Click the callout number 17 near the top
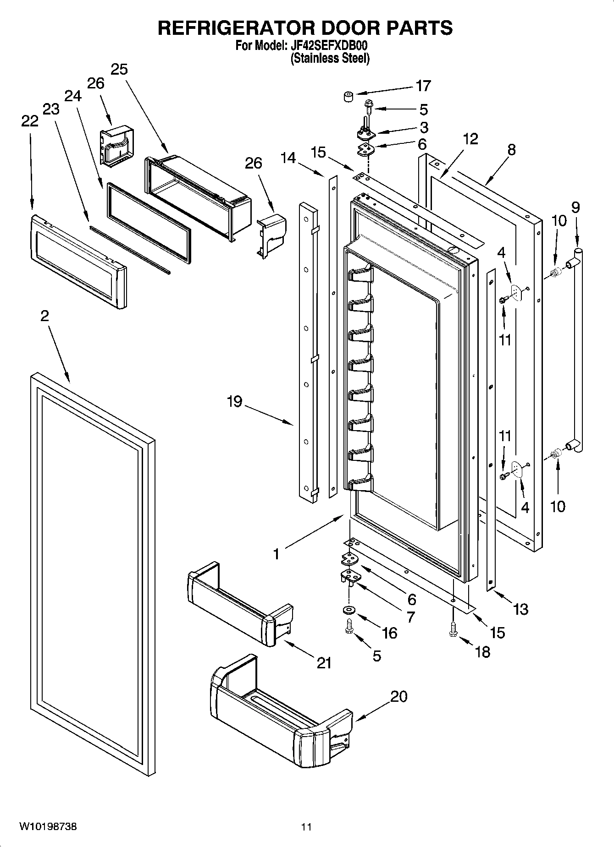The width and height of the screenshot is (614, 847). (x=423, y=86)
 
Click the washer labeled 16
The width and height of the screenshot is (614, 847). (x=348, y=610)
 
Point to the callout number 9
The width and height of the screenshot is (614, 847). (x=575, y=208)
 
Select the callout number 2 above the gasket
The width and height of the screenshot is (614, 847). (x=44, y=316)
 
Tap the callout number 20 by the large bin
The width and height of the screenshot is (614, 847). (x=399, y=697)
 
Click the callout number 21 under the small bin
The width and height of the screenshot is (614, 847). (x=324, y=663)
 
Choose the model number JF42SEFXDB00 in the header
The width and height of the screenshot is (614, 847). (x=329, y=46)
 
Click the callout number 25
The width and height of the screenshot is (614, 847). (x=119, y=70)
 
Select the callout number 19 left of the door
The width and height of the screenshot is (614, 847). (x=234, y=402)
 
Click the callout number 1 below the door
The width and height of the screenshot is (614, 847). (x=276, y=554)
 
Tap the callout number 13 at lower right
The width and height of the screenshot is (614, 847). (x=521, y=609)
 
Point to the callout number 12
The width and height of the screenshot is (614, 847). (x=470, y=139)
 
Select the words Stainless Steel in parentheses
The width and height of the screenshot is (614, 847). (x=330, y=59)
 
